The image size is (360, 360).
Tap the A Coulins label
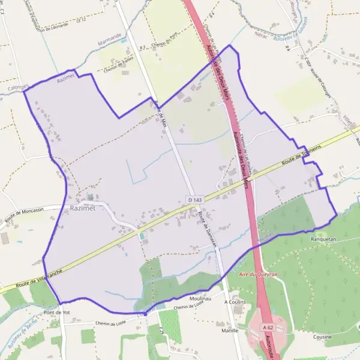(x=235, y=302)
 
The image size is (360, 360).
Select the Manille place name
(x=229, y=330)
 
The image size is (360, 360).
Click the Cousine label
(x=322, y=337)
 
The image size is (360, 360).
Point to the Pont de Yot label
(x=57, y=313)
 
